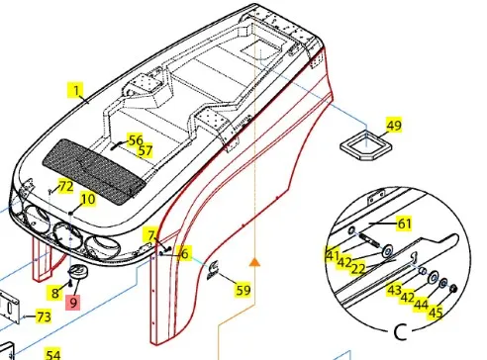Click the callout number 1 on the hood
(x=76, y=90)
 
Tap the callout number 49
(x=394, y=125)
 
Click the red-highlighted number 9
(x=73, y=303)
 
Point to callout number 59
(x=243, y=290)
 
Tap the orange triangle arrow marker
(x=254, y=262)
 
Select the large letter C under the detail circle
(x=401, y=332)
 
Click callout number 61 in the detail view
(x=404, y=224)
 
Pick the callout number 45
(x=436, y=312)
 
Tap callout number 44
(x=422, y=305)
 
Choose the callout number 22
(x=358, y=269)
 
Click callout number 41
(x=332, y=255)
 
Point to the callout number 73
(x=44, y=316)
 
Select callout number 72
(x=65, y=187)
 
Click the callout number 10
(x=88, y=199)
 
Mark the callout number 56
(x=136, y=140)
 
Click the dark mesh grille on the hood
(x=94, y=171)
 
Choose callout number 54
(x=52, y=354)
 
